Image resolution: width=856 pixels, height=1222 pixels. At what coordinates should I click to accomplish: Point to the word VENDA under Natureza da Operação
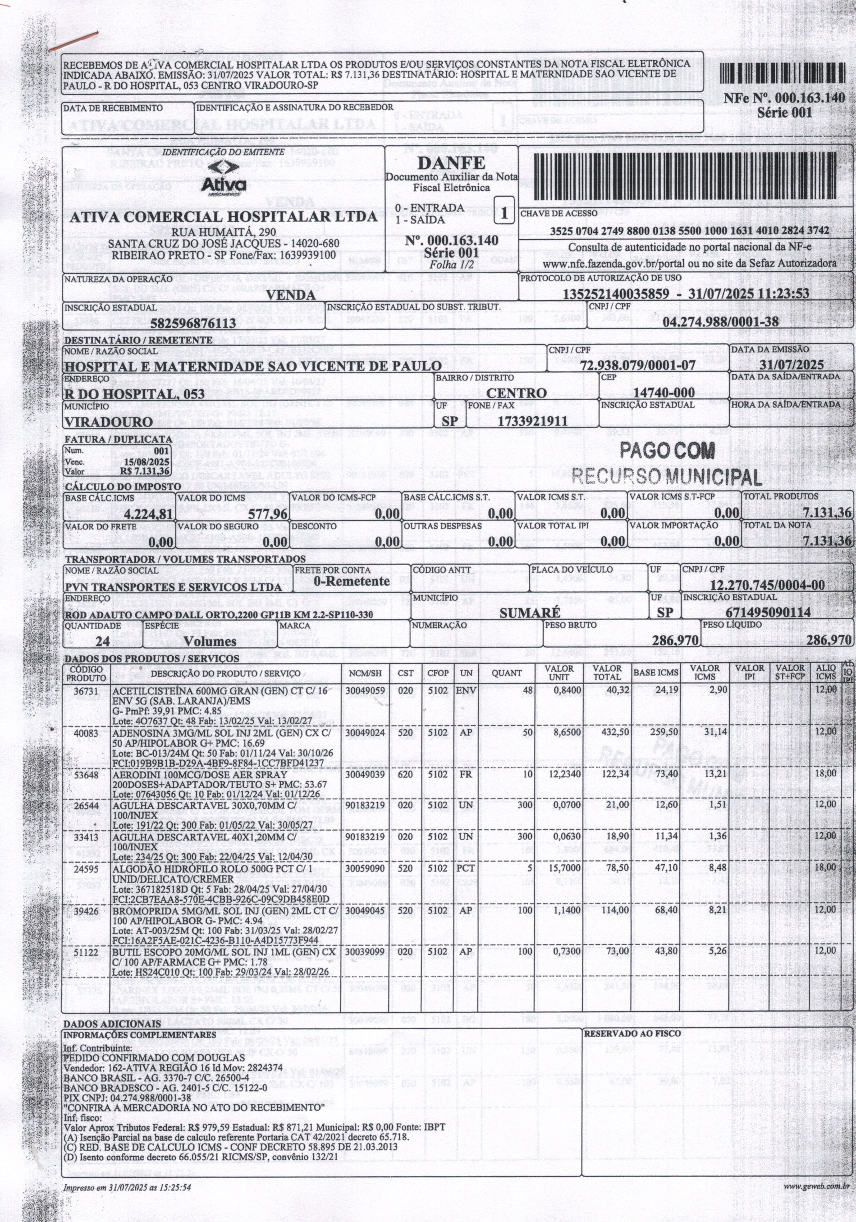(290, 295)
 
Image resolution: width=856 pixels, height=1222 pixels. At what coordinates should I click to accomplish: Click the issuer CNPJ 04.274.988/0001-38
(721, 321)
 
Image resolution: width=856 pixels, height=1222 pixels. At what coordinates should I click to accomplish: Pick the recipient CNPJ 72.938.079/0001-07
(638, 365)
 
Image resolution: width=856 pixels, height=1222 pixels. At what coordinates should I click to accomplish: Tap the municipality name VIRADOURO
(108, 422)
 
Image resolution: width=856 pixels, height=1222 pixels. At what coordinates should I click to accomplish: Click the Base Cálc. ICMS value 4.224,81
(148, 514)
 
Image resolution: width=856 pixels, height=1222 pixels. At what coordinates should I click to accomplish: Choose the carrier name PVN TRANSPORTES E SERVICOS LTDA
(173, 587)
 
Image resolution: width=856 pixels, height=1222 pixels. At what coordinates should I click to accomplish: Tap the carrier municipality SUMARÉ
(529, 613)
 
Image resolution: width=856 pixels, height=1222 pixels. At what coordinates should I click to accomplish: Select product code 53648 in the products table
(86, 773)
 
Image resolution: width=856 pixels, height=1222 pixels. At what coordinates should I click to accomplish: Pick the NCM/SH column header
(365, 673)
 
